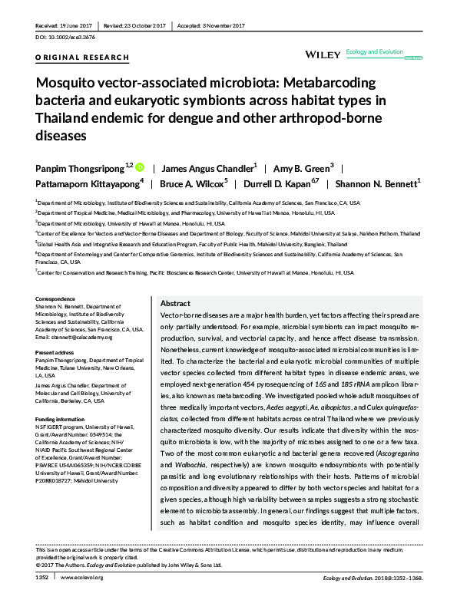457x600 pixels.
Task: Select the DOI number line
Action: [65, 36]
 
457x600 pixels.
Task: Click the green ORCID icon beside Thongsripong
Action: [140, 166]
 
